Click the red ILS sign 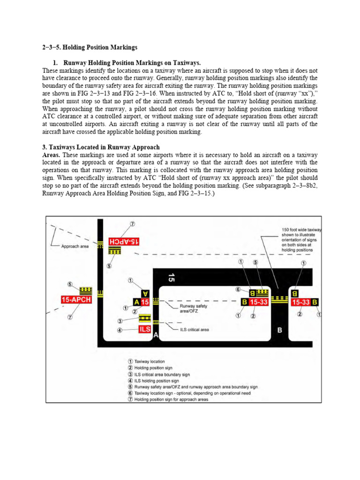pyautogui.click(x=145, y=329)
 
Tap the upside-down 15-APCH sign pyautogui.click(x=124, y=241)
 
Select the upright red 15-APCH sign pyautogui.click(x=76, y=300)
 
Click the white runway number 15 pyautogui.click(x=172, y=277)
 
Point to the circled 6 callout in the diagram pyautogui.click(x=238, y=289)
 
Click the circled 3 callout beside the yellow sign pyautogui.click(x=120, y=321)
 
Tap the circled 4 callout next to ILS pyautogui.click(x=120, y=330)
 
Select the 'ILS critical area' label pyautogui.click(x=195, y=330)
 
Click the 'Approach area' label pyautogui.click(x=75, y=246)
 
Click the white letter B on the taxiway pyautogui.click(x=279, y=330)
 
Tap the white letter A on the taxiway pyautogui.click(x=156, y=335)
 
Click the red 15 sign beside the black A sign pyautogui.click(x=145, y=302)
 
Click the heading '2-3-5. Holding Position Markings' pyautogui.click(x=90, y=47)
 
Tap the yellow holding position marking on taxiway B pyautogui.click(x=279, y=299)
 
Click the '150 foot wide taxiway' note pyautogui.click(x=301, y=240)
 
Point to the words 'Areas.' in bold pyautogui.click(x=51, y=155)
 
